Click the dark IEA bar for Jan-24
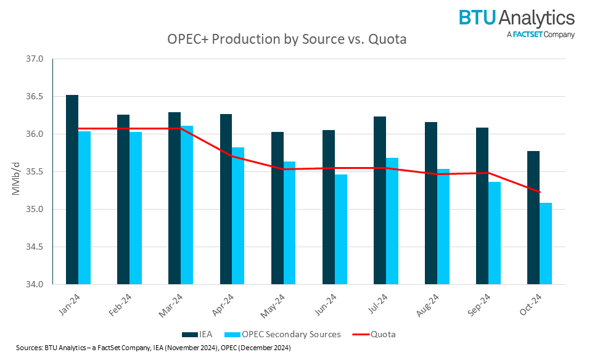72,190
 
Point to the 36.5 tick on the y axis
35,97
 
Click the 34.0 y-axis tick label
35,285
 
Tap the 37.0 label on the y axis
35,59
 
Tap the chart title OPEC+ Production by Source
287,39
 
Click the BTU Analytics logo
516,18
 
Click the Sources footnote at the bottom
149,348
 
